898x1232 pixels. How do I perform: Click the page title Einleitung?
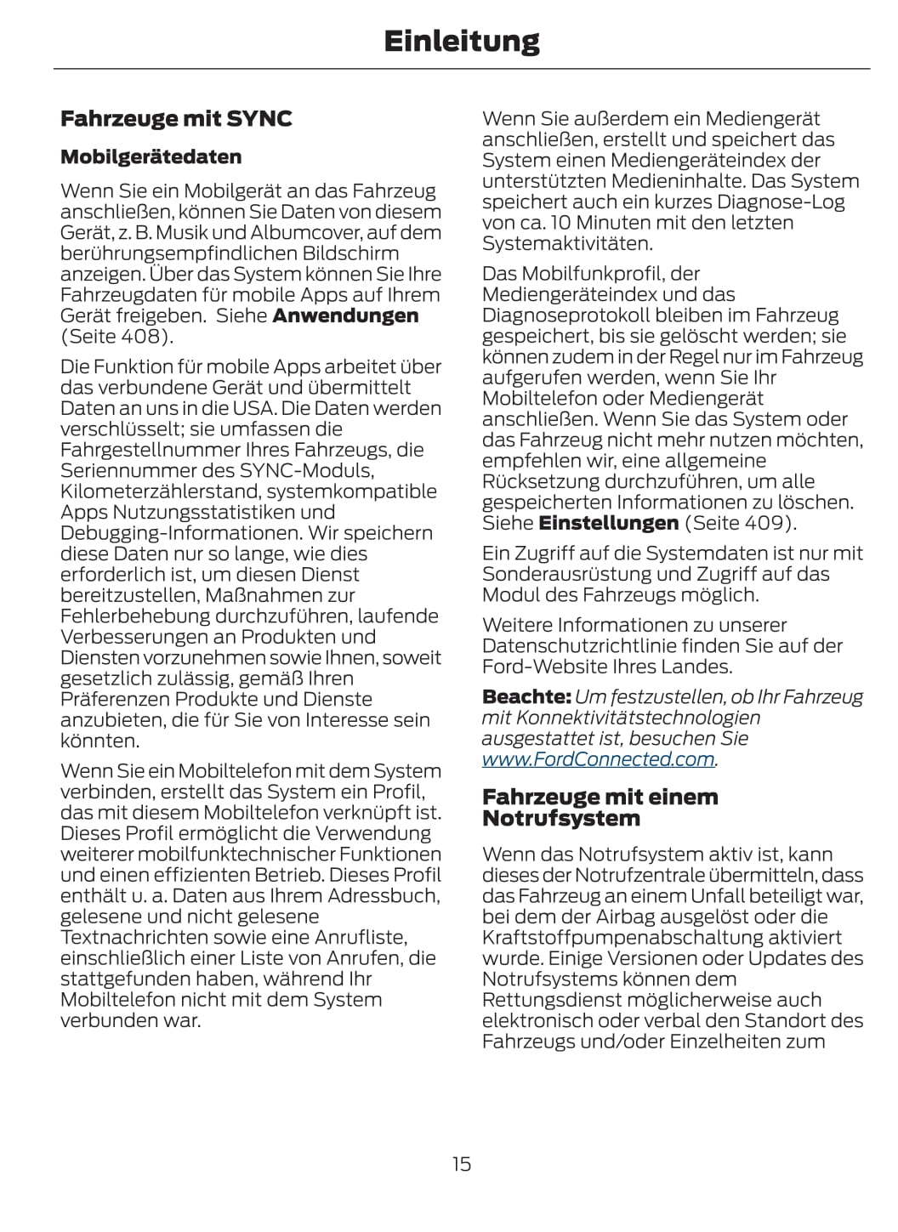tap(461, 41)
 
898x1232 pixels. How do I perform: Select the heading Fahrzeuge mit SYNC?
tap(176, 119)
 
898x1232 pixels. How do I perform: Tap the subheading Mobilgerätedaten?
tap(151, 157)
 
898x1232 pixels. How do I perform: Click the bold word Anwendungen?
tap(345, 315)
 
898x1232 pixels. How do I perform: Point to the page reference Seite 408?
tap(117, 337)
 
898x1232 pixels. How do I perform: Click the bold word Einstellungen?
tap(609, 523)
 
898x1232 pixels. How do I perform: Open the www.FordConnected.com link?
tap(599, 759)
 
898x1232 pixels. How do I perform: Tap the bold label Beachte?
tap(526, 697)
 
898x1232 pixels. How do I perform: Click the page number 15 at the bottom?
tap(461, 1164)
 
